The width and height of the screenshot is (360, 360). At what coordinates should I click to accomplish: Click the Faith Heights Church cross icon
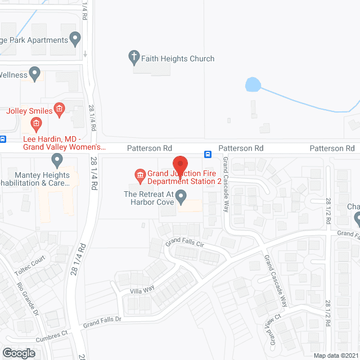click(x=134, y=56)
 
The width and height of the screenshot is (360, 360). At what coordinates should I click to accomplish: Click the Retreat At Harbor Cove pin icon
click(x=181, y=197)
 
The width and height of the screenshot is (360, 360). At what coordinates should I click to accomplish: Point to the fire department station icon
click(x=139, y=176)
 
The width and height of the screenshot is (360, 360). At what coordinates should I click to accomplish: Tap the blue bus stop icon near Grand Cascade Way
click(x=208, y=154)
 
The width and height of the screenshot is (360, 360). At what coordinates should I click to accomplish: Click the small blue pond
click(x=253, y=85)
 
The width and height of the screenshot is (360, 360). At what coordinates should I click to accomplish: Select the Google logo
click(x=18, y=353)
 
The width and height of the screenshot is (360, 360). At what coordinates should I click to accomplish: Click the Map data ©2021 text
click(x=335, y=355)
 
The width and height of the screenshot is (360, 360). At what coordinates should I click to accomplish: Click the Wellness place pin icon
click(x=35, y=73)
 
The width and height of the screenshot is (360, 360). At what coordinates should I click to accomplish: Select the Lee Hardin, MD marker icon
click(x=37, y=123)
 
